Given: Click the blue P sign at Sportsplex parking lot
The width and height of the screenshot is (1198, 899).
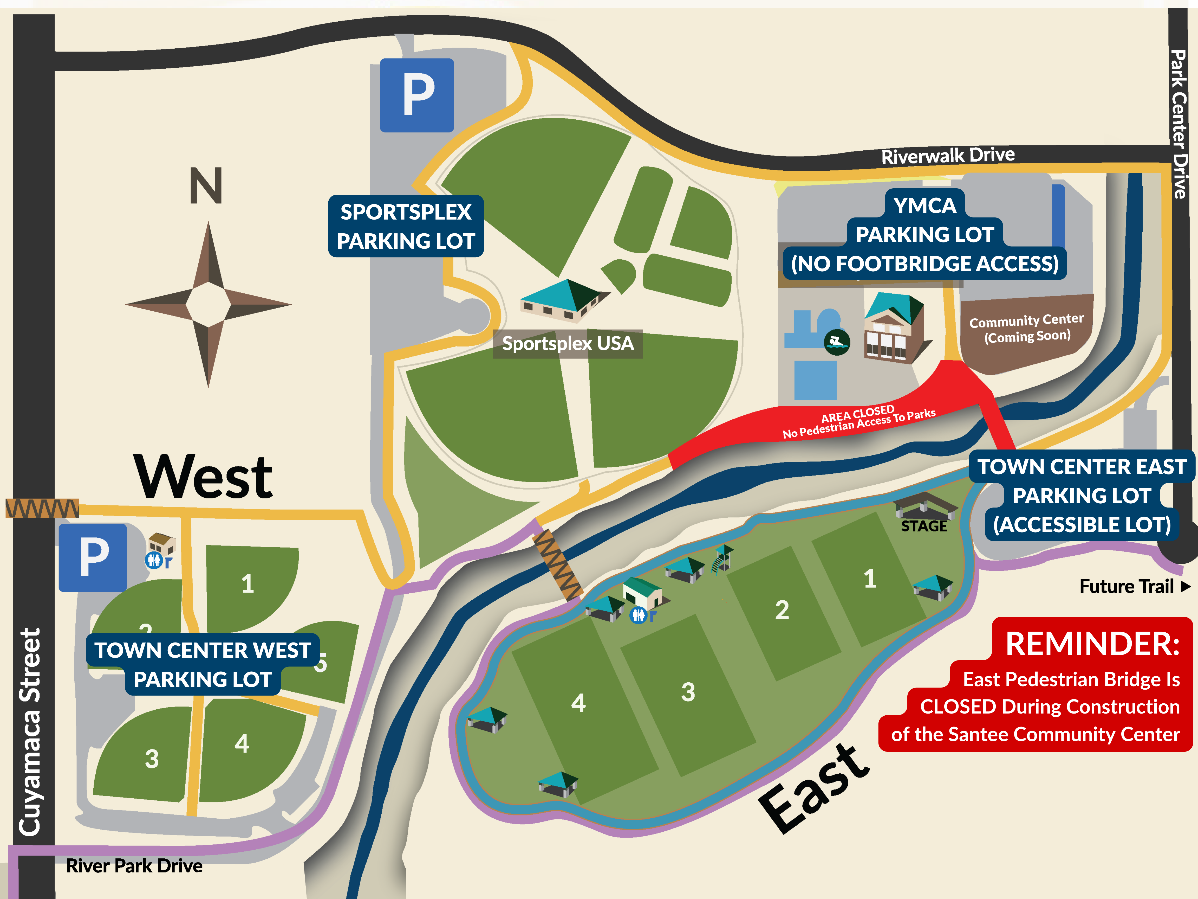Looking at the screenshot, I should coord(416,95).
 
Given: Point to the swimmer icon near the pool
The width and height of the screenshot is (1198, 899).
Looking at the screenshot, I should coord(837,342).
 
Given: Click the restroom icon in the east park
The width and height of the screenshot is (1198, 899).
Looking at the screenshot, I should coord(639,615).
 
